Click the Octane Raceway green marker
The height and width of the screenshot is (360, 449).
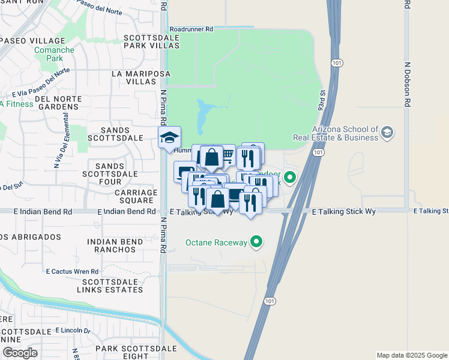coord(257,242)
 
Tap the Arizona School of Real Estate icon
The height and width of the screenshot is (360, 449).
coord(387,132)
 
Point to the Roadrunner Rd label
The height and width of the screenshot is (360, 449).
coord(191,28)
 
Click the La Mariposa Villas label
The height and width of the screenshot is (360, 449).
coord(141,77)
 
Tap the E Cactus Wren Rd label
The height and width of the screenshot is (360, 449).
coord(72,271)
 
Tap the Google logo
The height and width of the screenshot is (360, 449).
coord(20,353)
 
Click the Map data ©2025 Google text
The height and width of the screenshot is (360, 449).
coord(411,355)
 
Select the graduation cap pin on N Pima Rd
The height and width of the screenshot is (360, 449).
coord(169,137)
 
